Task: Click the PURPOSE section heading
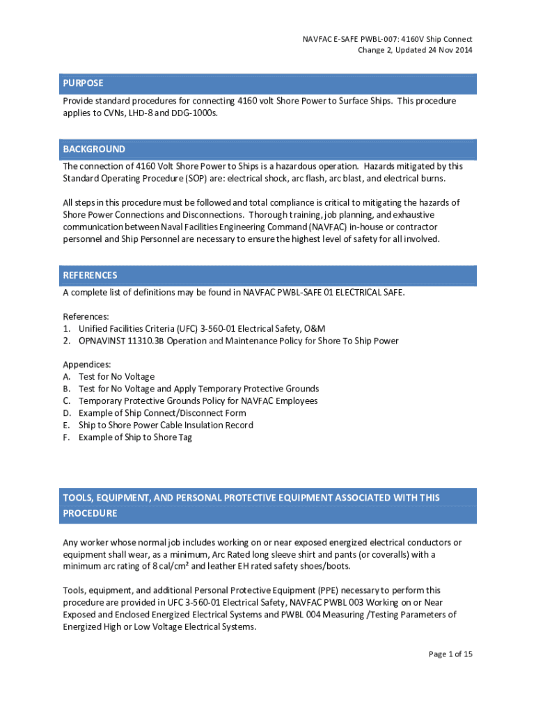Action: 83,83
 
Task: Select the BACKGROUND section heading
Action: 94,149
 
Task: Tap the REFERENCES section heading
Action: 90,275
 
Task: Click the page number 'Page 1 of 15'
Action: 450,654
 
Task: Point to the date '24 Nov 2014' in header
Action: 446,50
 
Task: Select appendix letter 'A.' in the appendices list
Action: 68,377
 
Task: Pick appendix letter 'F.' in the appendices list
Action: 68,437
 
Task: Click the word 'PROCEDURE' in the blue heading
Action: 90,514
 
